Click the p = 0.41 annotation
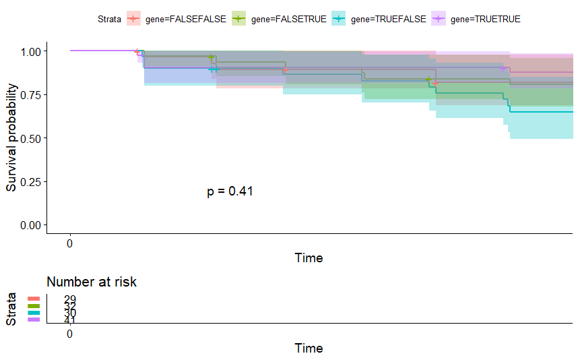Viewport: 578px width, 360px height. point(230,191)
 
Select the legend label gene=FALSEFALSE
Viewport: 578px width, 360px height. point(186,20)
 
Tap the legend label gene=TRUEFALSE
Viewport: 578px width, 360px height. point(389,20)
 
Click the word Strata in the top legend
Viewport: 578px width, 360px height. point(108,20)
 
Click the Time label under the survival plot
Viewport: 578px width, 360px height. point(309,258)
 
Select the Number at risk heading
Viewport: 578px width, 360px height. point(92,282)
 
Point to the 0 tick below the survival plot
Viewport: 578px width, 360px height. point(70,243)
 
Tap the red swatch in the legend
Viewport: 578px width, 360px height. point(134,20)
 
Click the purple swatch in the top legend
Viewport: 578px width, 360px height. point(438,20)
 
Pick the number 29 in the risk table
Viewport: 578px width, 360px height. point(70,299)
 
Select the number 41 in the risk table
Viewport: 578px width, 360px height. point(70,320)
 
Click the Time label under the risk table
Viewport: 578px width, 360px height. point(309,349)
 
